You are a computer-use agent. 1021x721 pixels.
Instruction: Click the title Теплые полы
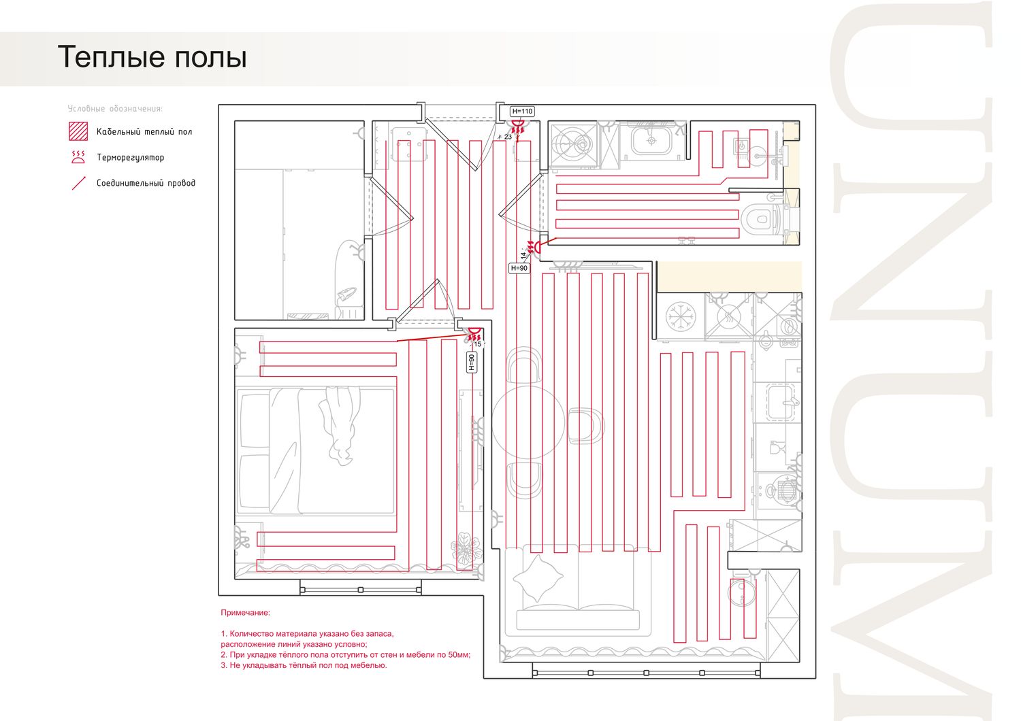coord(152,57)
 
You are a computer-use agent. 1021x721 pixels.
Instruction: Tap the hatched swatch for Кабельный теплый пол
coord(78,131)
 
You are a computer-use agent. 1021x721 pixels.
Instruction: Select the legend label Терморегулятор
coord(131,157)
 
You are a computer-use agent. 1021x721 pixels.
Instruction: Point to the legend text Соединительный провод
coord(146,183)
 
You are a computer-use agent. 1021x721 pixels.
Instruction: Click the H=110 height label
coord(522,111)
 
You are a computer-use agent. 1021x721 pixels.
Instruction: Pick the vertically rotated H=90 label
coord(472,362)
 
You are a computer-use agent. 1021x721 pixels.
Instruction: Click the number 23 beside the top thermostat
coord(508,137)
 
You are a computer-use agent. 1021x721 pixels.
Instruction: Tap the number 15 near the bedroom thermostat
coord(478,344)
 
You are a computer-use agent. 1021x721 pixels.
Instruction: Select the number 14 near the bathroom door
coord(523,255)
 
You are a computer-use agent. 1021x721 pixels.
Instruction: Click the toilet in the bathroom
coord(760,219)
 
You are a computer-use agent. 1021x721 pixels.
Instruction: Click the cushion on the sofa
coord(538,578)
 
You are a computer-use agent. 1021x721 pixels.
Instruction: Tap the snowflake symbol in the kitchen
coord(681,316)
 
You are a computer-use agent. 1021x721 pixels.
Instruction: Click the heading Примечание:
coord(245,613)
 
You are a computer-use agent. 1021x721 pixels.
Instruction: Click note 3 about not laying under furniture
coord(304,665)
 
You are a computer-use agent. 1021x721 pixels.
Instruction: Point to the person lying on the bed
coord(340,425)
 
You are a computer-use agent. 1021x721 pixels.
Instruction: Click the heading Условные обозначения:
coord(115,108)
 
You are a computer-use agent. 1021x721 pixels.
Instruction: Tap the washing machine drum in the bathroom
coord(574,144)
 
